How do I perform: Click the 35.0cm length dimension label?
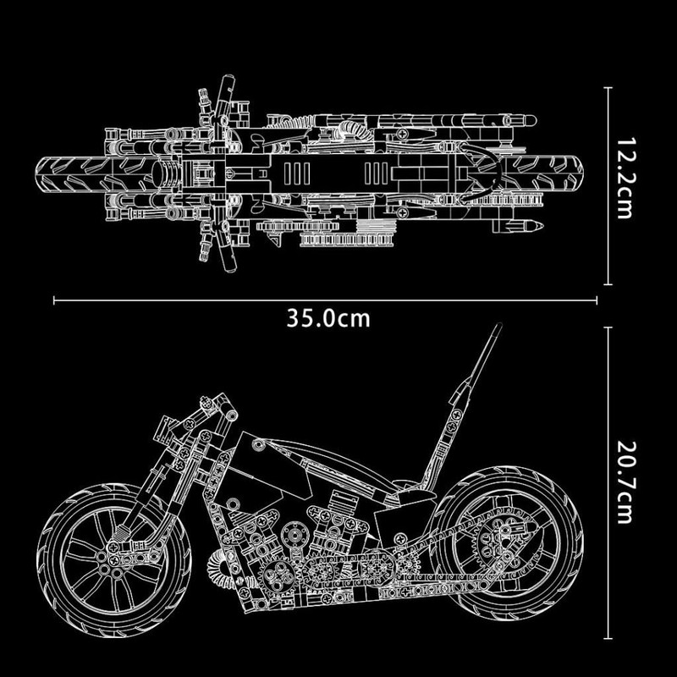tap(327, 318)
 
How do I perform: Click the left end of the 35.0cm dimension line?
tap(54, 299)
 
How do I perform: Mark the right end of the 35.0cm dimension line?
tap(597, 299)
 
